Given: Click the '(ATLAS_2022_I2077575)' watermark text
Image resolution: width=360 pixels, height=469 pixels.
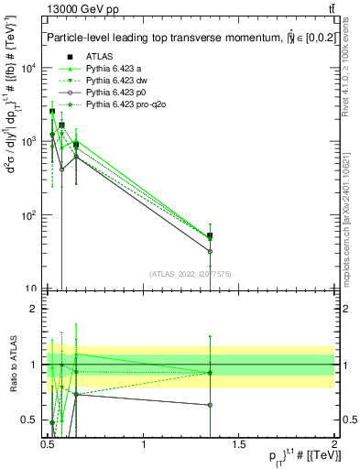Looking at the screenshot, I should tap(191, 274).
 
